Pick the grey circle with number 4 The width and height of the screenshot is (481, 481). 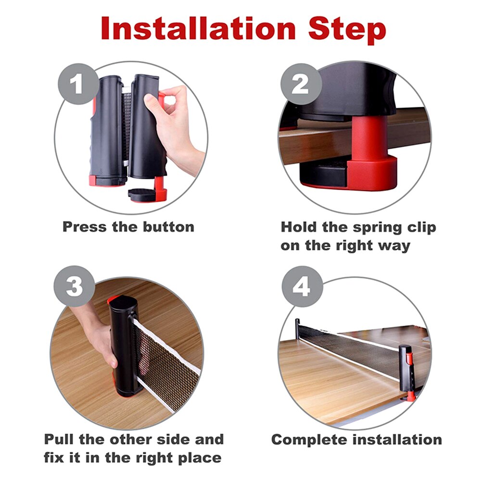[301, 287]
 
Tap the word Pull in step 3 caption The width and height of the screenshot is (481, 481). [61, 439]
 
